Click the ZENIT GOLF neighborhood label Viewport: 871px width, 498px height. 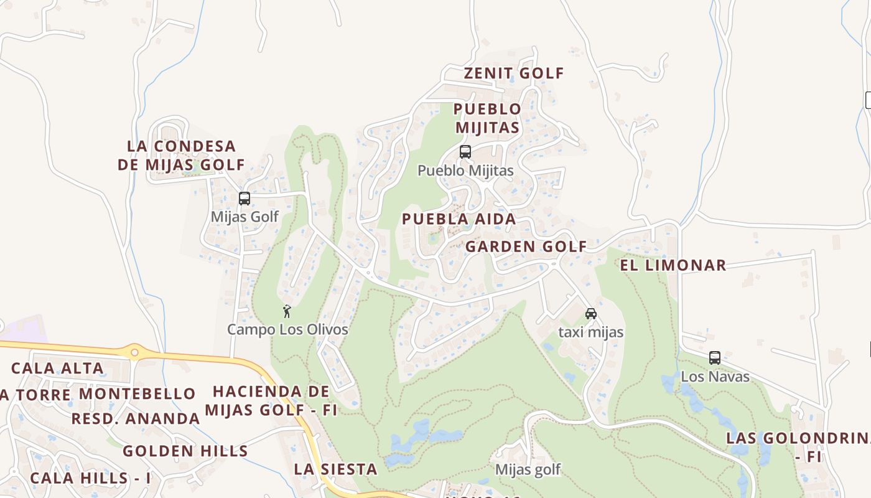pos(514,73)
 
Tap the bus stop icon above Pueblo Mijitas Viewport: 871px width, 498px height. pos(465,151)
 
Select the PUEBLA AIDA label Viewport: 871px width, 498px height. pos(459,219)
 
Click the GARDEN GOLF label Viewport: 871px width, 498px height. pos(526,247)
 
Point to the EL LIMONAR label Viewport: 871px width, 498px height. pos(673,265)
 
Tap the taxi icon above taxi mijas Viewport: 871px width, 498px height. pos(590,314)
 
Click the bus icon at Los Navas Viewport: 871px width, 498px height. pos(715,358)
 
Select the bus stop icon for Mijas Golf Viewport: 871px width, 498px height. pos(245,199)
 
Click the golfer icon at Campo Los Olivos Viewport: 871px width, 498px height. pos(287,311)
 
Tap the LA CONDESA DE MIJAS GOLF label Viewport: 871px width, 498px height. pos(181,156)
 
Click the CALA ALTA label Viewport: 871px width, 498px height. pos(57,368)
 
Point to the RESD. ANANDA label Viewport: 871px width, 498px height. pos(135,418)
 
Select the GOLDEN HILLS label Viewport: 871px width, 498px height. pos(185,451)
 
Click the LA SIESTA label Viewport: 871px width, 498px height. pos(335,469)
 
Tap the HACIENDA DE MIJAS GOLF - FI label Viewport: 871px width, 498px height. pos(271,401)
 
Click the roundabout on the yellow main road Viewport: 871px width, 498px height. pos(134,352)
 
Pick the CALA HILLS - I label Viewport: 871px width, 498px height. pos(90,478)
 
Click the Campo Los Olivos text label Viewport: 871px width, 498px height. pos(287,329)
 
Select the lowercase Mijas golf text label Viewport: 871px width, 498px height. pos(528,469)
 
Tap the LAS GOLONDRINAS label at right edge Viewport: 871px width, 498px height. pos(799,446)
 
